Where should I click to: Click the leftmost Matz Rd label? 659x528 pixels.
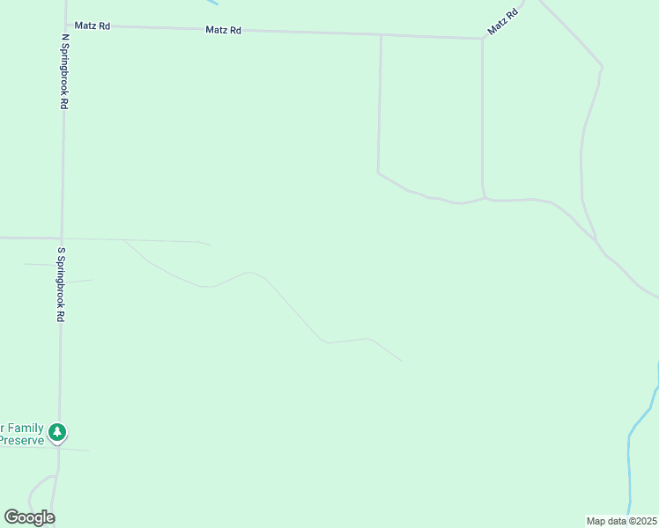point(93,26)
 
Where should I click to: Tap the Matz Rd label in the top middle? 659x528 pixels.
point(223,30)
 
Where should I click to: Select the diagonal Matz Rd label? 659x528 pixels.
point(500,23)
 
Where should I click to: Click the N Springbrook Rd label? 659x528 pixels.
point(64,72)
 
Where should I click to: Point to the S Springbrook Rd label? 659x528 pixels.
point(62,284)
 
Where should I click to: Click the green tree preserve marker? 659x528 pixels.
point(57,432)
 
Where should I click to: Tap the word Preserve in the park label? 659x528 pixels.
point(21,440)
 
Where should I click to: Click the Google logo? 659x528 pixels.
point(29,517)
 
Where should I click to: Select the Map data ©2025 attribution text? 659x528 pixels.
point(622,521)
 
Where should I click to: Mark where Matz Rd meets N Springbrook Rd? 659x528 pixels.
point(65,26)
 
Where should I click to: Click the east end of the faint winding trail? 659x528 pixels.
point(401,361)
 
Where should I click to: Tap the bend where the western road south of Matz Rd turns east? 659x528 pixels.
point(379,172)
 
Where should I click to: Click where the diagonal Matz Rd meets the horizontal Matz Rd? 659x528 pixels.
point(483,39)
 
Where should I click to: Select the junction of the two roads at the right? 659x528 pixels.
point(596,239)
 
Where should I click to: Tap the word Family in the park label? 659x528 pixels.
point(25,429)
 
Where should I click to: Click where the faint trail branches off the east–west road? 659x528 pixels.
point(123,239)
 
